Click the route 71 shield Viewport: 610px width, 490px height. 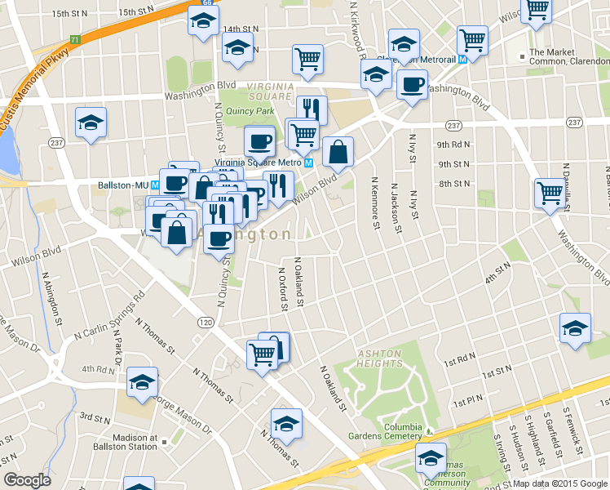point(75,39)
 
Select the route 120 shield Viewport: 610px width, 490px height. point(205,323)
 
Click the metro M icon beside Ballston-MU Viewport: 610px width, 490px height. point(144,185)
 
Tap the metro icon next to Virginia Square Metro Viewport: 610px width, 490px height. point(309,162)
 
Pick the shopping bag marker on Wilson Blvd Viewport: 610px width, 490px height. point(338,151)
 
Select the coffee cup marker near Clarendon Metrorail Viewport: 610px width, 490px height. point(412,84)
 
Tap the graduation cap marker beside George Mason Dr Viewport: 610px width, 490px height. point(143,381)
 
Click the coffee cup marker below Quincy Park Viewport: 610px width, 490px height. point(260,140)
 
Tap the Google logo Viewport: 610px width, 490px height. point(28,480)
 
